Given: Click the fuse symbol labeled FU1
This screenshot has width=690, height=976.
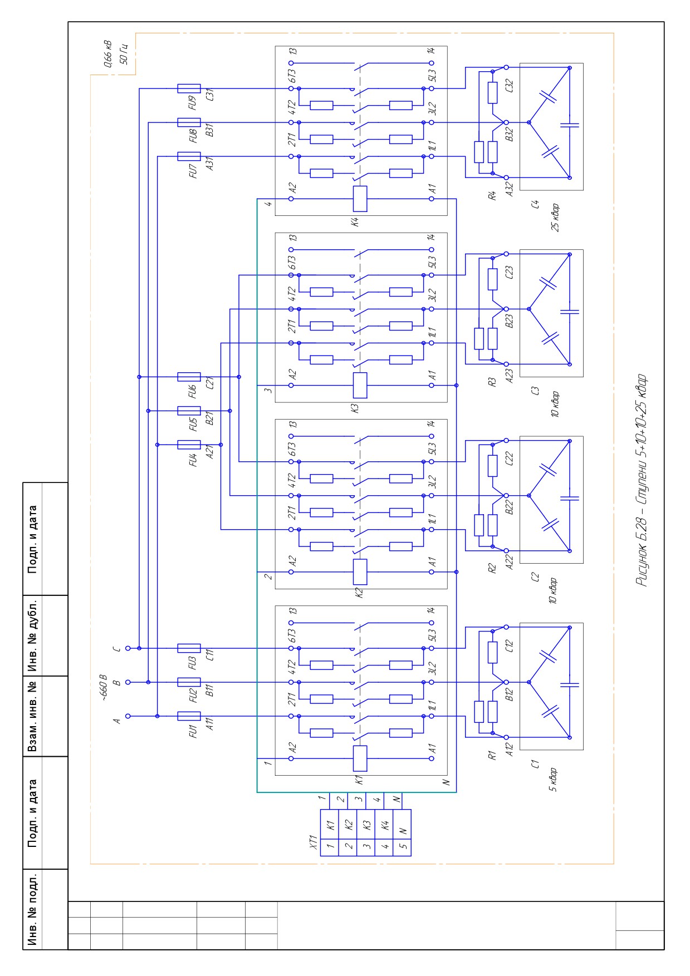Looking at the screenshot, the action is pos(189,716).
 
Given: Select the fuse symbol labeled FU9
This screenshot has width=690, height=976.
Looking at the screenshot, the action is pos(189,88).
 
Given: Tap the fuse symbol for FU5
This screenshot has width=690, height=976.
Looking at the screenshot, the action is pos(189,411).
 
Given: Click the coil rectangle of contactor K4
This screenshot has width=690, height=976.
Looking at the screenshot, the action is pos(360,199).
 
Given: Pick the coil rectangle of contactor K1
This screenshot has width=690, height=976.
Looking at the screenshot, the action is pos(360,758).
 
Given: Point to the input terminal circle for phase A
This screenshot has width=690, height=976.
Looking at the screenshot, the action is pos(128,716).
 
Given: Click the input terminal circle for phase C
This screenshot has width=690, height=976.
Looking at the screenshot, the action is pos(128,648).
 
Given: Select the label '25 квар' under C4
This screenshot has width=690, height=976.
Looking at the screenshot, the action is pos(555,218).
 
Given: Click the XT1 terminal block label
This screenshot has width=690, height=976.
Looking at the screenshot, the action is pos(313,842).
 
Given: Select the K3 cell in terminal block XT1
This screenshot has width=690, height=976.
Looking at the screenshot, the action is pos(366,825).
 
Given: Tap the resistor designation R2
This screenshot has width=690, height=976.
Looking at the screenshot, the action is pos(492,569).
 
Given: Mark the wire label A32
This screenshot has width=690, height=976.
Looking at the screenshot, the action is pos(509,190).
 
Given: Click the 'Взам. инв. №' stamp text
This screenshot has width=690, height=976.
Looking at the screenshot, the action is pos(33,716).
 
